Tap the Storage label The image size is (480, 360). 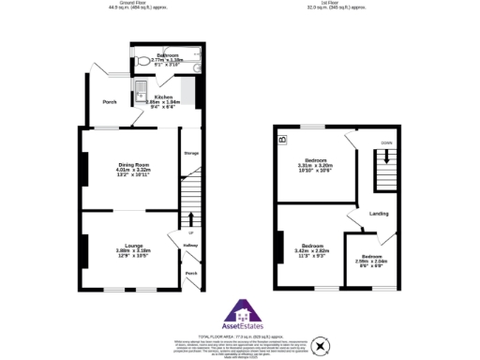(x=191, y=153)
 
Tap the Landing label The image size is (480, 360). (x=380, y=213)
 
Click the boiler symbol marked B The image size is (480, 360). (x=282, y=142)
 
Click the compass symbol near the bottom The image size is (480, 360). (x=322, y=347)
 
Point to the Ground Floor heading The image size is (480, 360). (x=134, y=5)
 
